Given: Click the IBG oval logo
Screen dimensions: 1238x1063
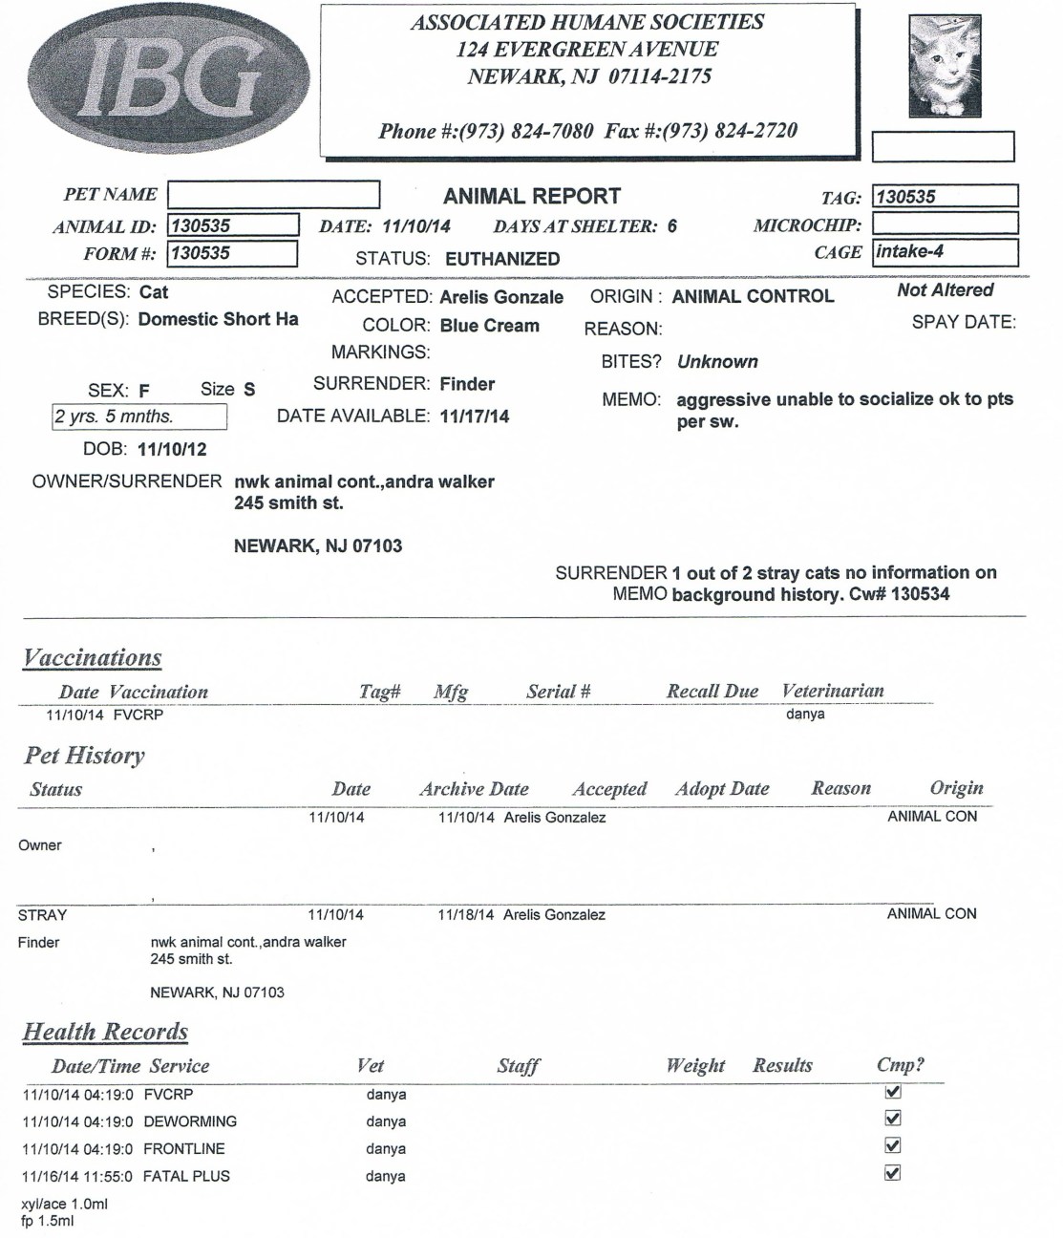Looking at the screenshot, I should pos(169,75).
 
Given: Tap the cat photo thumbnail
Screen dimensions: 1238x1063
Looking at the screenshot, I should pos(945,66).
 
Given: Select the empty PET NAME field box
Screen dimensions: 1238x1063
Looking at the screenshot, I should pos(273,195).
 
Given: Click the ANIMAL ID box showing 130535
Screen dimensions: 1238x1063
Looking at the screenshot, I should pos(233,226).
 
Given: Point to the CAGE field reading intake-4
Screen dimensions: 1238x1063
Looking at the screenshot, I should pos(945,252).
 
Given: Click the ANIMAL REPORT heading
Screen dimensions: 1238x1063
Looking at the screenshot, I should pos(532,197).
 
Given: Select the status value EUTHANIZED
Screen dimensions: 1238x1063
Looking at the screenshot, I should pos(502,259).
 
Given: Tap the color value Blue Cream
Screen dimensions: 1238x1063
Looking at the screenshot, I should pos(489,326).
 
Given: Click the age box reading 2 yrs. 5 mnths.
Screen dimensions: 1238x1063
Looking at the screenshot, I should pos(139,417).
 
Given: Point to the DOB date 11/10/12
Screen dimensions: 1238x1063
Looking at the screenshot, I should pos(172,449).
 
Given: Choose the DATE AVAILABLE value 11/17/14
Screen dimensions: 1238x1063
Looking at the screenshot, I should pos(475,416).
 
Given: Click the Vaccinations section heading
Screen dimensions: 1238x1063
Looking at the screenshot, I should pos(93,658).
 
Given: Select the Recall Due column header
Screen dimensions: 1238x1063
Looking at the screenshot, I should pos(712,692).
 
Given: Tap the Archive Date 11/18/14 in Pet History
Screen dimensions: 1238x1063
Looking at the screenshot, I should pos(466,915).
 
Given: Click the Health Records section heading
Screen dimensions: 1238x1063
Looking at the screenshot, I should pos(105,1032).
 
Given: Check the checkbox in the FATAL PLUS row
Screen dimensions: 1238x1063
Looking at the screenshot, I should pos(893,1173).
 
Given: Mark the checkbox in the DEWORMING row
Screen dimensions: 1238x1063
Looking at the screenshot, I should pos(893,1119).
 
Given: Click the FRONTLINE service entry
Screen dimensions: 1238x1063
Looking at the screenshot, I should pos(184,1149).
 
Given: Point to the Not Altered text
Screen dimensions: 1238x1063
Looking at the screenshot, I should pos(945,290).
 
